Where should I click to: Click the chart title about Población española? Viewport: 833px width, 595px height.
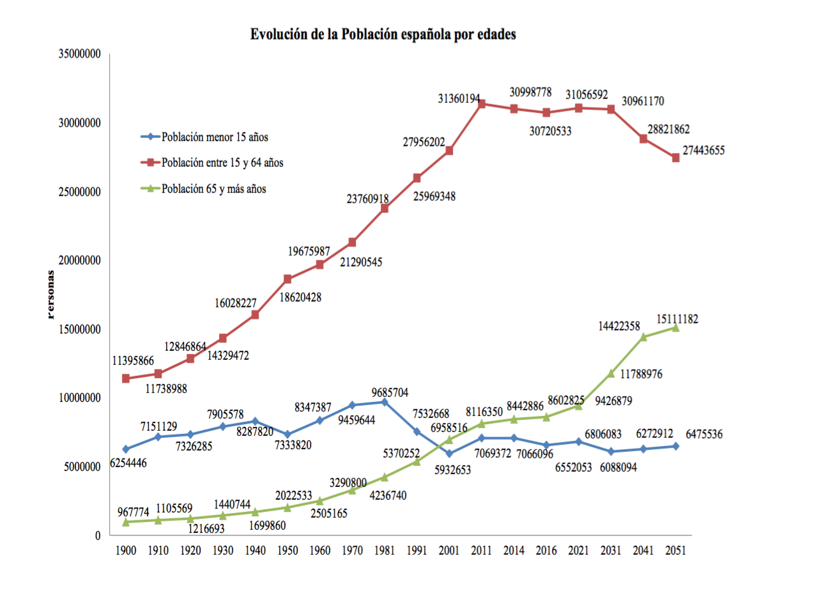coord(383,35)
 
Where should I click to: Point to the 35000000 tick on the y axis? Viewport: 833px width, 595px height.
coord(80,54)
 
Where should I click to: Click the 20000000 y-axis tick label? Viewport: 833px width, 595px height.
coord(80,261)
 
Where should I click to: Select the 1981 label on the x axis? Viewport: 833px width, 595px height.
coord(384,550)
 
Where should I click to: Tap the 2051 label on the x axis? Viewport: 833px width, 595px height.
coord(675,550)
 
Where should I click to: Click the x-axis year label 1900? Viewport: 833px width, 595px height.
coord(126,550)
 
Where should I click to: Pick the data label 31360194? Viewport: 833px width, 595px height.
coord(459,98)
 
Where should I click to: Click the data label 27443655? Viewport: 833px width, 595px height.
coord(703,151)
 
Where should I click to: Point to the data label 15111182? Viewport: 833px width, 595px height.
coord(677,319)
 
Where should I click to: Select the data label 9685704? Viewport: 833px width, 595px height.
coord(390,392)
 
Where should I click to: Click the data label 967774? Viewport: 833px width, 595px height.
coord(133,512)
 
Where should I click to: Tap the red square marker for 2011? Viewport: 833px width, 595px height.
coord(482,104)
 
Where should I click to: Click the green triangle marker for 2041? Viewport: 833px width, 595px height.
coord(643,337)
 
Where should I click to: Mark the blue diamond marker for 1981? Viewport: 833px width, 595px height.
coord(384,402)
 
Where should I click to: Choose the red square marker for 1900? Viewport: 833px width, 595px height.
coord(126,378)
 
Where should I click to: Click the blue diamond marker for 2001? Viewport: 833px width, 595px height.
coord(449,454)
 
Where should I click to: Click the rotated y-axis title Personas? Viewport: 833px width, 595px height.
coord(51,295)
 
